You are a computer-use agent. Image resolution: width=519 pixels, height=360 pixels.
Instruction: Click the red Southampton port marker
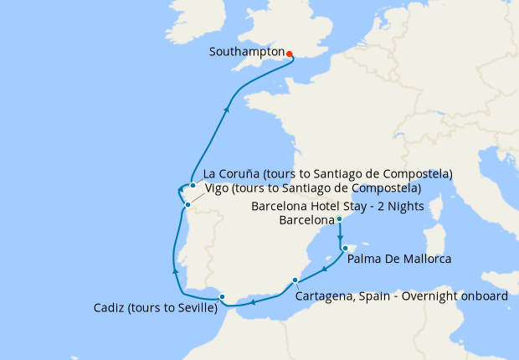[x=289, y=54]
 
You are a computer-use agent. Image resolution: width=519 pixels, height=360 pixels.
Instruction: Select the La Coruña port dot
[x=193, y=185]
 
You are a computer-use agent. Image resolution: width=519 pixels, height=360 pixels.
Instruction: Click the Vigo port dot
[x=188, y=204]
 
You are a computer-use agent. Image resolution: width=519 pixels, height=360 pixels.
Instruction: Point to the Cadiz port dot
[x=221, y=296]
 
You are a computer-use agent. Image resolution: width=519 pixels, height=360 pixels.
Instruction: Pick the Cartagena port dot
[x=295, y=280]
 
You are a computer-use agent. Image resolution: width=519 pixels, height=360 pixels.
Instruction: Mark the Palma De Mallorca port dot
[x=345, y=249]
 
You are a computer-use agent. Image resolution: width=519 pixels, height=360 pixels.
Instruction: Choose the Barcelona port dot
[x=339, y=219]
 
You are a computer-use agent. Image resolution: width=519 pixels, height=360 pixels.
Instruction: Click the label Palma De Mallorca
[x=399, y=260]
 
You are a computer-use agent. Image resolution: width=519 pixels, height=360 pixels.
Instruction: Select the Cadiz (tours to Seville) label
[x=156, y=308]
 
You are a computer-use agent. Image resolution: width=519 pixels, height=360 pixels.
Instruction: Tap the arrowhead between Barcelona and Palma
[x=339, y=236]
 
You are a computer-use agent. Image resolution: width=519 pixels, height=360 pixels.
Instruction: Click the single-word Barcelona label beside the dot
[x=306, y=221]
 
